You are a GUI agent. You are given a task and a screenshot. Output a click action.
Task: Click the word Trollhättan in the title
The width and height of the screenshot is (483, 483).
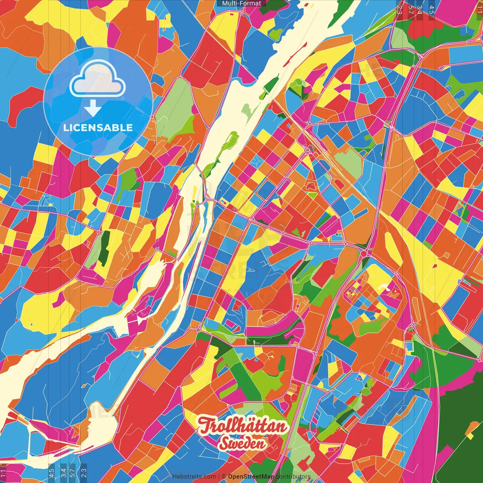pos(242,426)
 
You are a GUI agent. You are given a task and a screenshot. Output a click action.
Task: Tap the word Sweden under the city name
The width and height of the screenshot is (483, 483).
pos(242,443)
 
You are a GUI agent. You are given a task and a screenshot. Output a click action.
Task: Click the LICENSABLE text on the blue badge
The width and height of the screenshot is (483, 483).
pos(98,128)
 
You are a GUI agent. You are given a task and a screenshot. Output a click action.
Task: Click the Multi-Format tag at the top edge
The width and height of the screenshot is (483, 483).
pos(241,3)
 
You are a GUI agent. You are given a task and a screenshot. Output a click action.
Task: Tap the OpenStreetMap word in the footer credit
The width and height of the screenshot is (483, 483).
pos(251,477)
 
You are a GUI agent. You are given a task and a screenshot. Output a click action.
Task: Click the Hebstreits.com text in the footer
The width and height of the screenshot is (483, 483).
pos(194,477)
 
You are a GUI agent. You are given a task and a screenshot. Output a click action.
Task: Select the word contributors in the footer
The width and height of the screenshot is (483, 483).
pos(293,477)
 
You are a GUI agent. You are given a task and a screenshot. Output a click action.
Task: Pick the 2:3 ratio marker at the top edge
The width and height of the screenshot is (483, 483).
pos(399,9)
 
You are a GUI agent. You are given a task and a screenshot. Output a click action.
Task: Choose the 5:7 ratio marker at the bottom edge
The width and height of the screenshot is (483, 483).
pos(72,472)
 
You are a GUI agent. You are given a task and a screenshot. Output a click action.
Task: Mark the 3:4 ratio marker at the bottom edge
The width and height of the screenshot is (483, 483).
pos(63,472)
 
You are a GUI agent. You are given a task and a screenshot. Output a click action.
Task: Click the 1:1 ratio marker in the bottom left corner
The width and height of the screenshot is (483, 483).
pos(3,474)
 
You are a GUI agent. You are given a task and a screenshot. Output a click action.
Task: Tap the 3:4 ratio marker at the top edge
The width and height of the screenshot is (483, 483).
pos(420,9)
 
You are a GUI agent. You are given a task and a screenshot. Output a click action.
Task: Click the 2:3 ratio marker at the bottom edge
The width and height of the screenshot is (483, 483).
pos(84,472)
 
